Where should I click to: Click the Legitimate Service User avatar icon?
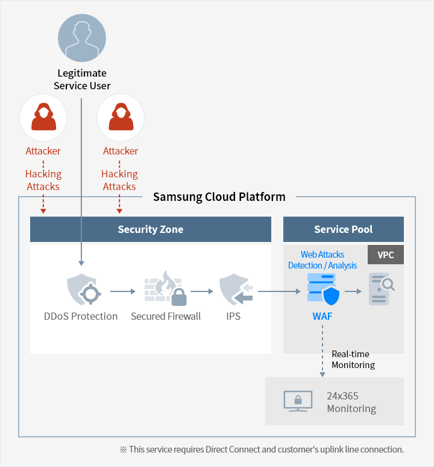[82, 37]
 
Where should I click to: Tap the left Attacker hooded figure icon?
[43, 117]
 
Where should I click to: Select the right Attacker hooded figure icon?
[121, 117]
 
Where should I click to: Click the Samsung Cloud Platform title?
[219, 197]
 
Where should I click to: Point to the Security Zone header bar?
[150, 229]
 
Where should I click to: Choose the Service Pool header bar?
[343, 229]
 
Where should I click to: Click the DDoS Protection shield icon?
[81, 290]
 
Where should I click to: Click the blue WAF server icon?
[323, 290]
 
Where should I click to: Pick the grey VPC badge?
[386, 255]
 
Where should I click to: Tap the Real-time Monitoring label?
[353, 360]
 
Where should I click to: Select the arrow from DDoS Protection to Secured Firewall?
[123, 291]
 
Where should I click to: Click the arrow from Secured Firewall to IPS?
[201, 291]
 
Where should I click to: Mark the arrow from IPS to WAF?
[279, 291]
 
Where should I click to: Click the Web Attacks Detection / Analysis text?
[322, 260]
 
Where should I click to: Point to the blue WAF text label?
[322, 316]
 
